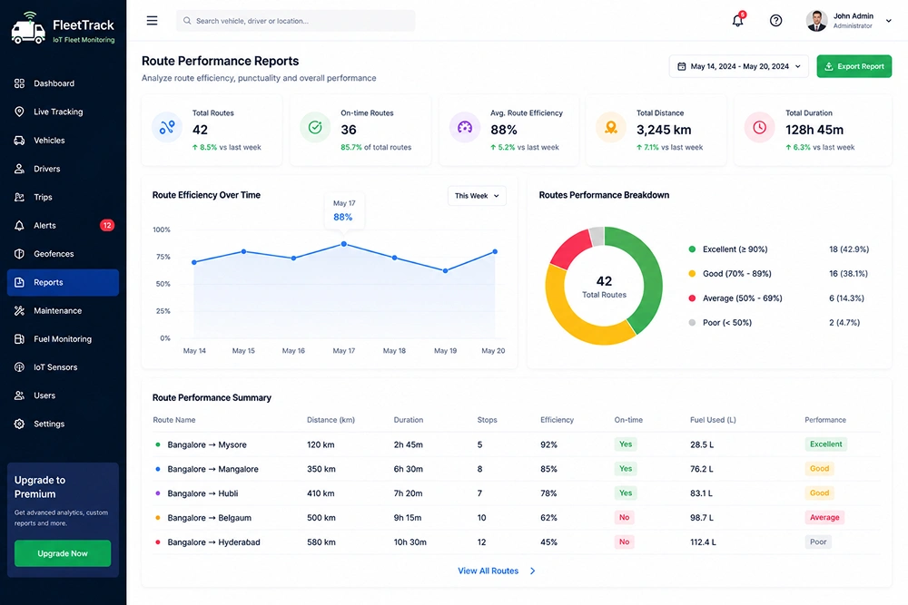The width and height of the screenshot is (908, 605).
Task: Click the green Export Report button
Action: (x=854, y=66)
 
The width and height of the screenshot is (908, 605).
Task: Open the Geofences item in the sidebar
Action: (x=54, y=254)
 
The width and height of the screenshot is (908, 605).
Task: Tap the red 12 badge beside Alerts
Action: (x=107, y=226)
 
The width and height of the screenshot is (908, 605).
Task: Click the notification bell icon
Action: (x=737, y=20)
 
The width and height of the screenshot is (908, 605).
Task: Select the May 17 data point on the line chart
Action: (x=344, y=244)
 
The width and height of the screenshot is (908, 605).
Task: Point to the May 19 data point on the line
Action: (x=445, y=270)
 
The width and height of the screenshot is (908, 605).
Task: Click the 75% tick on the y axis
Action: (x=163, y=257)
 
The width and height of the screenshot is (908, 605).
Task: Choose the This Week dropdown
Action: (x=477, y=196)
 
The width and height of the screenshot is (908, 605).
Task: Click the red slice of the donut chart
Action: (x=568, y=248)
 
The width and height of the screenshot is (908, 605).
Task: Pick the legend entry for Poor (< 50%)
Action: (x=726, y=323)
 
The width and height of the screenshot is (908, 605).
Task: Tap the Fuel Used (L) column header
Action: (x=713, y=420)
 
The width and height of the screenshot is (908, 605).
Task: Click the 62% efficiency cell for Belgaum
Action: (x=549, y=518)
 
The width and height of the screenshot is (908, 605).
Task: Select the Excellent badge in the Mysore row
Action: (x=825, y=444)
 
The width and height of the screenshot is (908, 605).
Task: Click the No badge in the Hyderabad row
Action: (x=625, y=542)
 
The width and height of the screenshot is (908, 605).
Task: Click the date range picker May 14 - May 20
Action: (x=739, y=66)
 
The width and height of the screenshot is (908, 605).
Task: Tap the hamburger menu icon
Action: (x=153, y=21)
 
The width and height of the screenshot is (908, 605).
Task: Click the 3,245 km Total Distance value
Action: (x=664, y=130)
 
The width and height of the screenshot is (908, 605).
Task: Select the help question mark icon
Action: (x=776, y=21)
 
